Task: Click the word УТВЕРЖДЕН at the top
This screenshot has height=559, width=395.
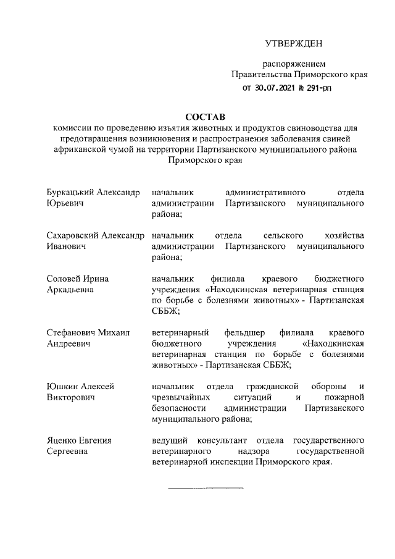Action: (294, 43)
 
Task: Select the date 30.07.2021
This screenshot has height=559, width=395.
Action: (278, 88)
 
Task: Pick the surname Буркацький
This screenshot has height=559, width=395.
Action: (71, 191)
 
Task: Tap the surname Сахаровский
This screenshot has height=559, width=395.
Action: (73, 235)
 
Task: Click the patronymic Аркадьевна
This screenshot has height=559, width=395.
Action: (70, 290)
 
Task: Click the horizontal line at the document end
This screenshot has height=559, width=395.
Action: (205, 488)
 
